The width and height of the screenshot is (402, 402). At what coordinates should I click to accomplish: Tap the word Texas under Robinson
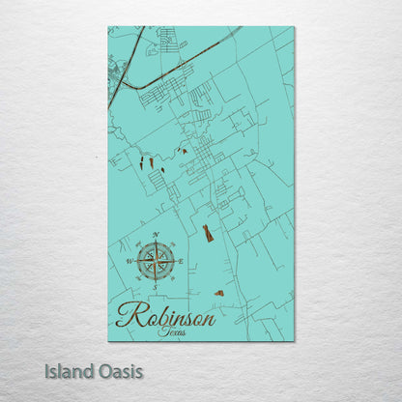171,331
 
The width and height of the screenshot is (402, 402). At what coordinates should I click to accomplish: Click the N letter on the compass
155,236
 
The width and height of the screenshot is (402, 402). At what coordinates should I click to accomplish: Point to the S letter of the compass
155,287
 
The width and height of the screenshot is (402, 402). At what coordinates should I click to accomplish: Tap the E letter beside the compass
180,261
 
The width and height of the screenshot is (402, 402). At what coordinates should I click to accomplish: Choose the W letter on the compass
129,261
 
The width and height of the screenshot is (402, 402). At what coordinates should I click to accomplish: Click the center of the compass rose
155,261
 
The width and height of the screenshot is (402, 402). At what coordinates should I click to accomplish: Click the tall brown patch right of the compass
207,233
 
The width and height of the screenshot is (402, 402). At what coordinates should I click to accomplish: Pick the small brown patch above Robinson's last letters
219,292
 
